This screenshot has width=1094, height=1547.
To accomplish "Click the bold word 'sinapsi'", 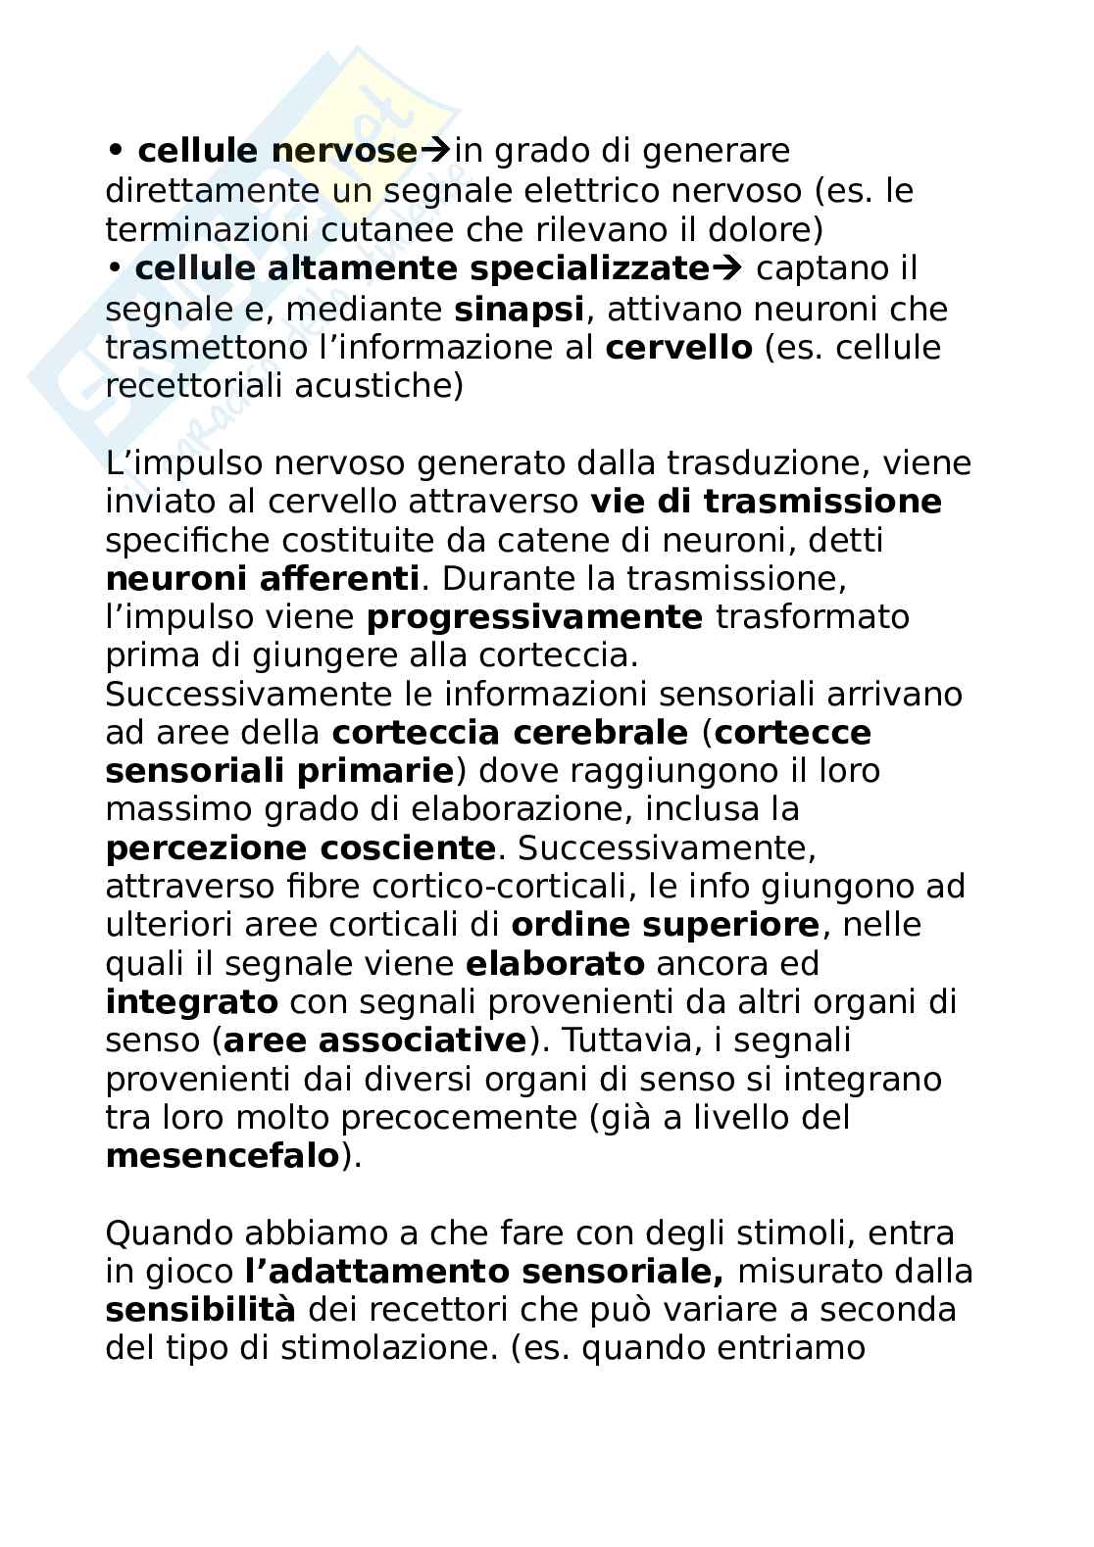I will point(519,309).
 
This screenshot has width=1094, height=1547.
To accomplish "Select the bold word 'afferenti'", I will point(339,578).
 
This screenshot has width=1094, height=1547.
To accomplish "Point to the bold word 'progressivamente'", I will point(534,617).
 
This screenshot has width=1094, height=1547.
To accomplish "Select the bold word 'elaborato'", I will point(555,963).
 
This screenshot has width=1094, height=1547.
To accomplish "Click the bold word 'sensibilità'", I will point(200,1309).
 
